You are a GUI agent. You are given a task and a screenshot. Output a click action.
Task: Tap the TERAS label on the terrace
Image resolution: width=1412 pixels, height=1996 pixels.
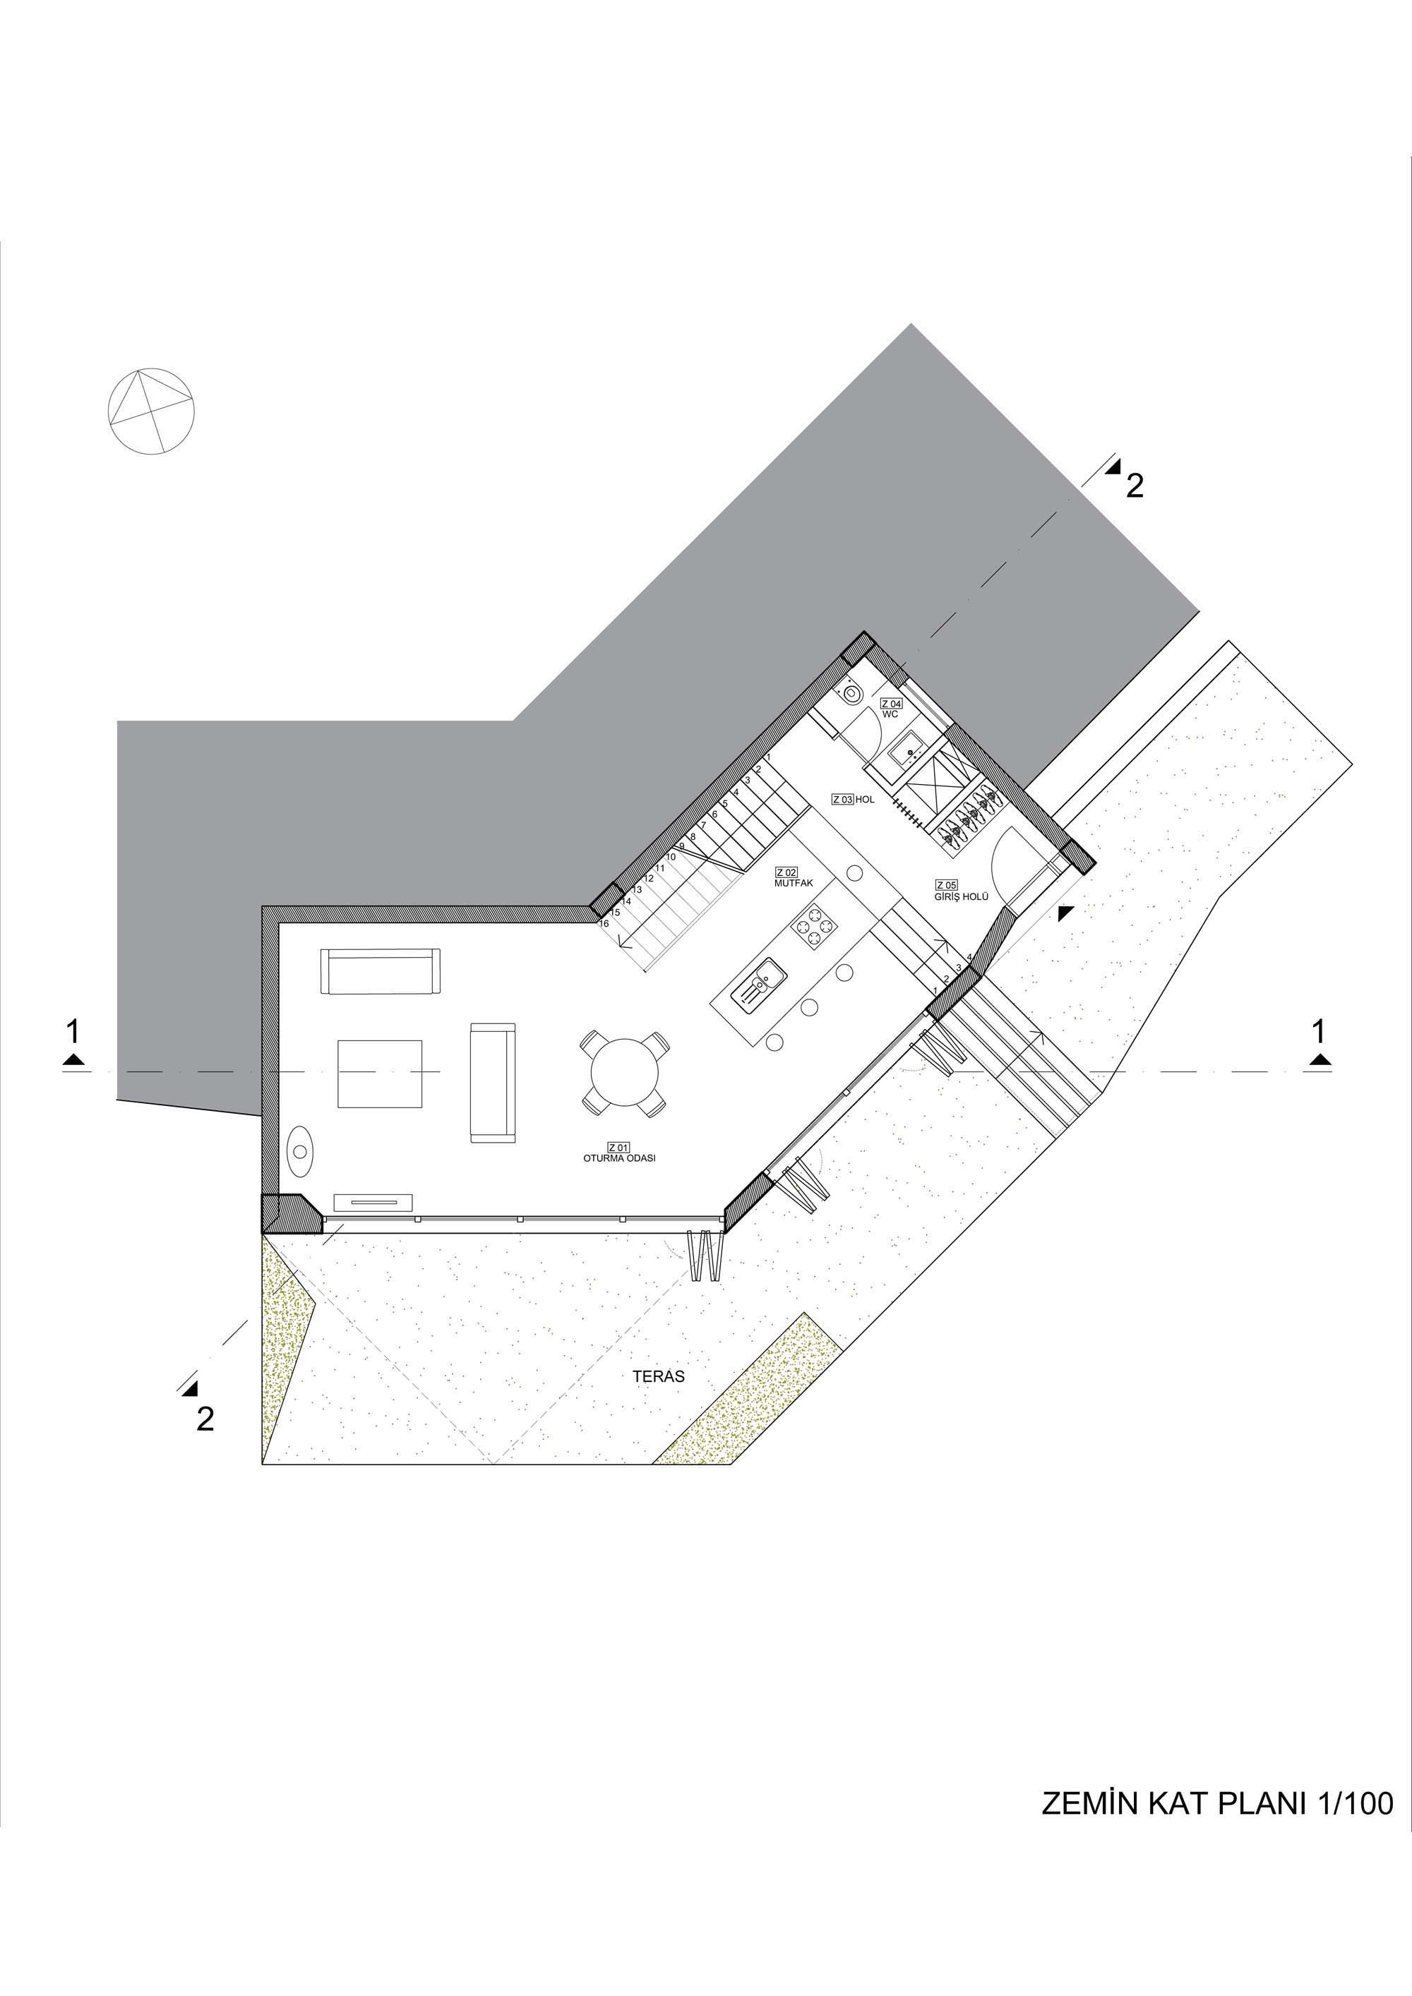(x=659, y=1376)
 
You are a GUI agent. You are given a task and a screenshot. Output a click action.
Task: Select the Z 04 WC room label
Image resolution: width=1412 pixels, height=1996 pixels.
(x=891, y=708)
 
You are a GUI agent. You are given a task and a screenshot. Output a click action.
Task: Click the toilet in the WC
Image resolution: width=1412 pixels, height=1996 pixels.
(x=852, y=693)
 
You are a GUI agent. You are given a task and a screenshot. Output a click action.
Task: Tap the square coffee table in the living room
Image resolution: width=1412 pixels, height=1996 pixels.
(x=380, y=1073)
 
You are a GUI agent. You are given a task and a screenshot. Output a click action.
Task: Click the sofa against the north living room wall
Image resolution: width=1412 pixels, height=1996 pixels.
(x=381, y=971)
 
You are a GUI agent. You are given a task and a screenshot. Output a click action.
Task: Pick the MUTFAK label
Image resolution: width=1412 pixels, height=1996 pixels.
(x=793, y=882)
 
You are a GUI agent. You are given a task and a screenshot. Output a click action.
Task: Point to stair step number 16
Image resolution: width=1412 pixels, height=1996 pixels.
(x=604, y=923)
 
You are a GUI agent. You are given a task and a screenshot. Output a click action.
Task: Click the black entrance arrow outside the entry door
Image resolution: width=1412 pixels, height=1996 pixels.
(x=1065, y=913)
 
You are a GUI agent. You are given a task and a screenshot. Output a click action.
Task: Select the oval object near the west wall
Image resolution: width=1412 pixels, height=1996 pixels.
(x=300, y=1151)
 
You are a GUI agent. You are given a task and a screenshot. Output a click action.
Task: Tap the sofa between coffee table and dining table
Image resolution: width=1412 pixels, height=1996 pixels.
(x=492, y=1082)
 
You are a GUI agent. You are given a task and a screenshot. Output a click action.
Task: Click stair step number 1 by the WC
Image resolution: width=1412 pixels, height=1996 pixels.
(x=769, y=757)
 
